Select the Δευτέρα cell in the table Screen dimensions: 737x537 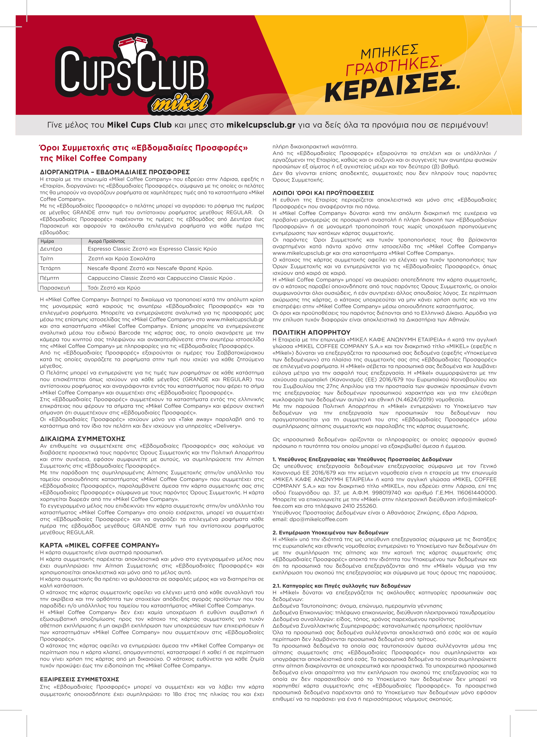tap(51, 249)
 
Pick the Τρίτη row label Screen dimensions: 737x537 tap(47, 259)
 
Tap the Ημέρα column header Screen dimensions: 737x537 tap(48, 241)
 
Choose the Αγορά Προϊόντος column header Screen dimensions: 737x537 tap(107, 241)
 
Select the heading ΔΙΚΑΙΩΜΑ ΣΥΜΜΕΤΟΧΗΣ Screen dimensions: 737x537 tap(83, 439)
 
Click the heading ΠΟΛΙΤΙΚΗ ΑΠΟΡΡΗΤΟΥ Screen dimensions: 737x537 tap(311, 332)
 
